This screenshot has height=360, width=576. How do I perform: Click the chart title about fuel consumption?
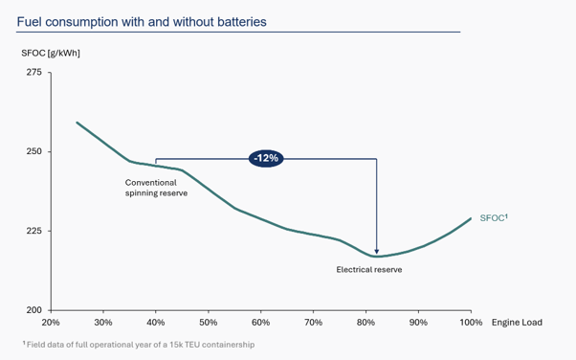click(x=142, y=22)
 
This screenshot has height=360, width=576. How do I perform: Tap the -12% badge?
click(x=266, y=159)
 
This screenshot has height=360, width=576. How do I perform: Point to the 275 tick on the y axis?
click(x=34, y=72)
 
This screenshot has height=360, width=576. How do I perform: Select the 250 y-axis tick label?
click(x=34, y=151)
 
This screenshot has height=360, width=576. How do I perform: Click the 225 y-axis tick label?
click(x=34, y=231)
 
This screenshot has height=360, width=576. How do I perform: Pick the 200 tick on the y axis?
click(x=34, y=310)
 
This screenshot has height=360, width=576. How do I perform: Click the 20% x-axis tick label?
click(x=51, y=323)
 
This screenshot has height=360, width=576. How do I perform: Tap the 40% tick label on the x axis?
click(x=156, y=323)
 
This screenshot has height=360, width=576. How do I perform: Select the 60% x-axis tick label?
click(x=261, y=323)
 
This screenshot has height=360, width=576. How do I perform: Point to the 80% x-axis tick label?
click(x=366, y=323)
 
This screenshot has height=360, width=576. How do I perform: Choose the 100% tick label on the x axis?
click(x=471, y=323)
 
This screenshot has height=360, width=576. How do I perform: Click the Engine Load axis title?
click(x=517, y=323)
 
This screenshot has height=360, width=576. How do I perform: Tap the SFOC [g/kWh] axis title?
click(x=51, y=53)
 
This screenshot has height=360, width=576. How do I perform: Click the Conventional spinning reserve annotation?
click(x=156, y=188)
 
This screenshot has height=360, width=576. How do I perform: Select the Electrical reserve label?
click(x=369, y=270)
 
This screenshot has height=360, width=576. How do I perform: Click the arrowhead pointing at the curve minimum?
click(x=377, y=252)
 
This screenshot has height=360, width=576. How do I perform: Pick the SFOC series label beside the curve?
click(x=494, y=217)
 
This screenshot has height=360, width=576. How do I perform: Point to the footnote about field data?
click(x=139, y=345)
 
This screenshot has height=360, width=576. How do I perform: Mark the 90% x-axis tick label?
click(x=418, y=323)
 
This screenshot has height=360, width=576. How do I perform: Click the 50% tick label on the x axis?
click(x=209, y=323)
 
